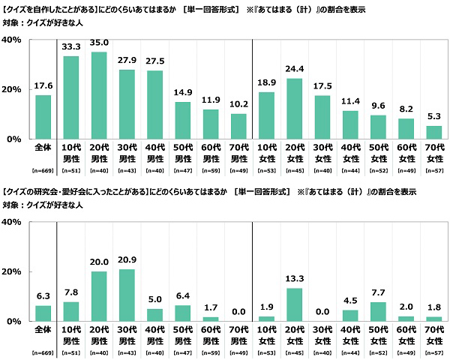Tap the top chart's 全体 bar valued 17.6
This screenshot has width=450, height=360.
[x=43, y=117]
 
